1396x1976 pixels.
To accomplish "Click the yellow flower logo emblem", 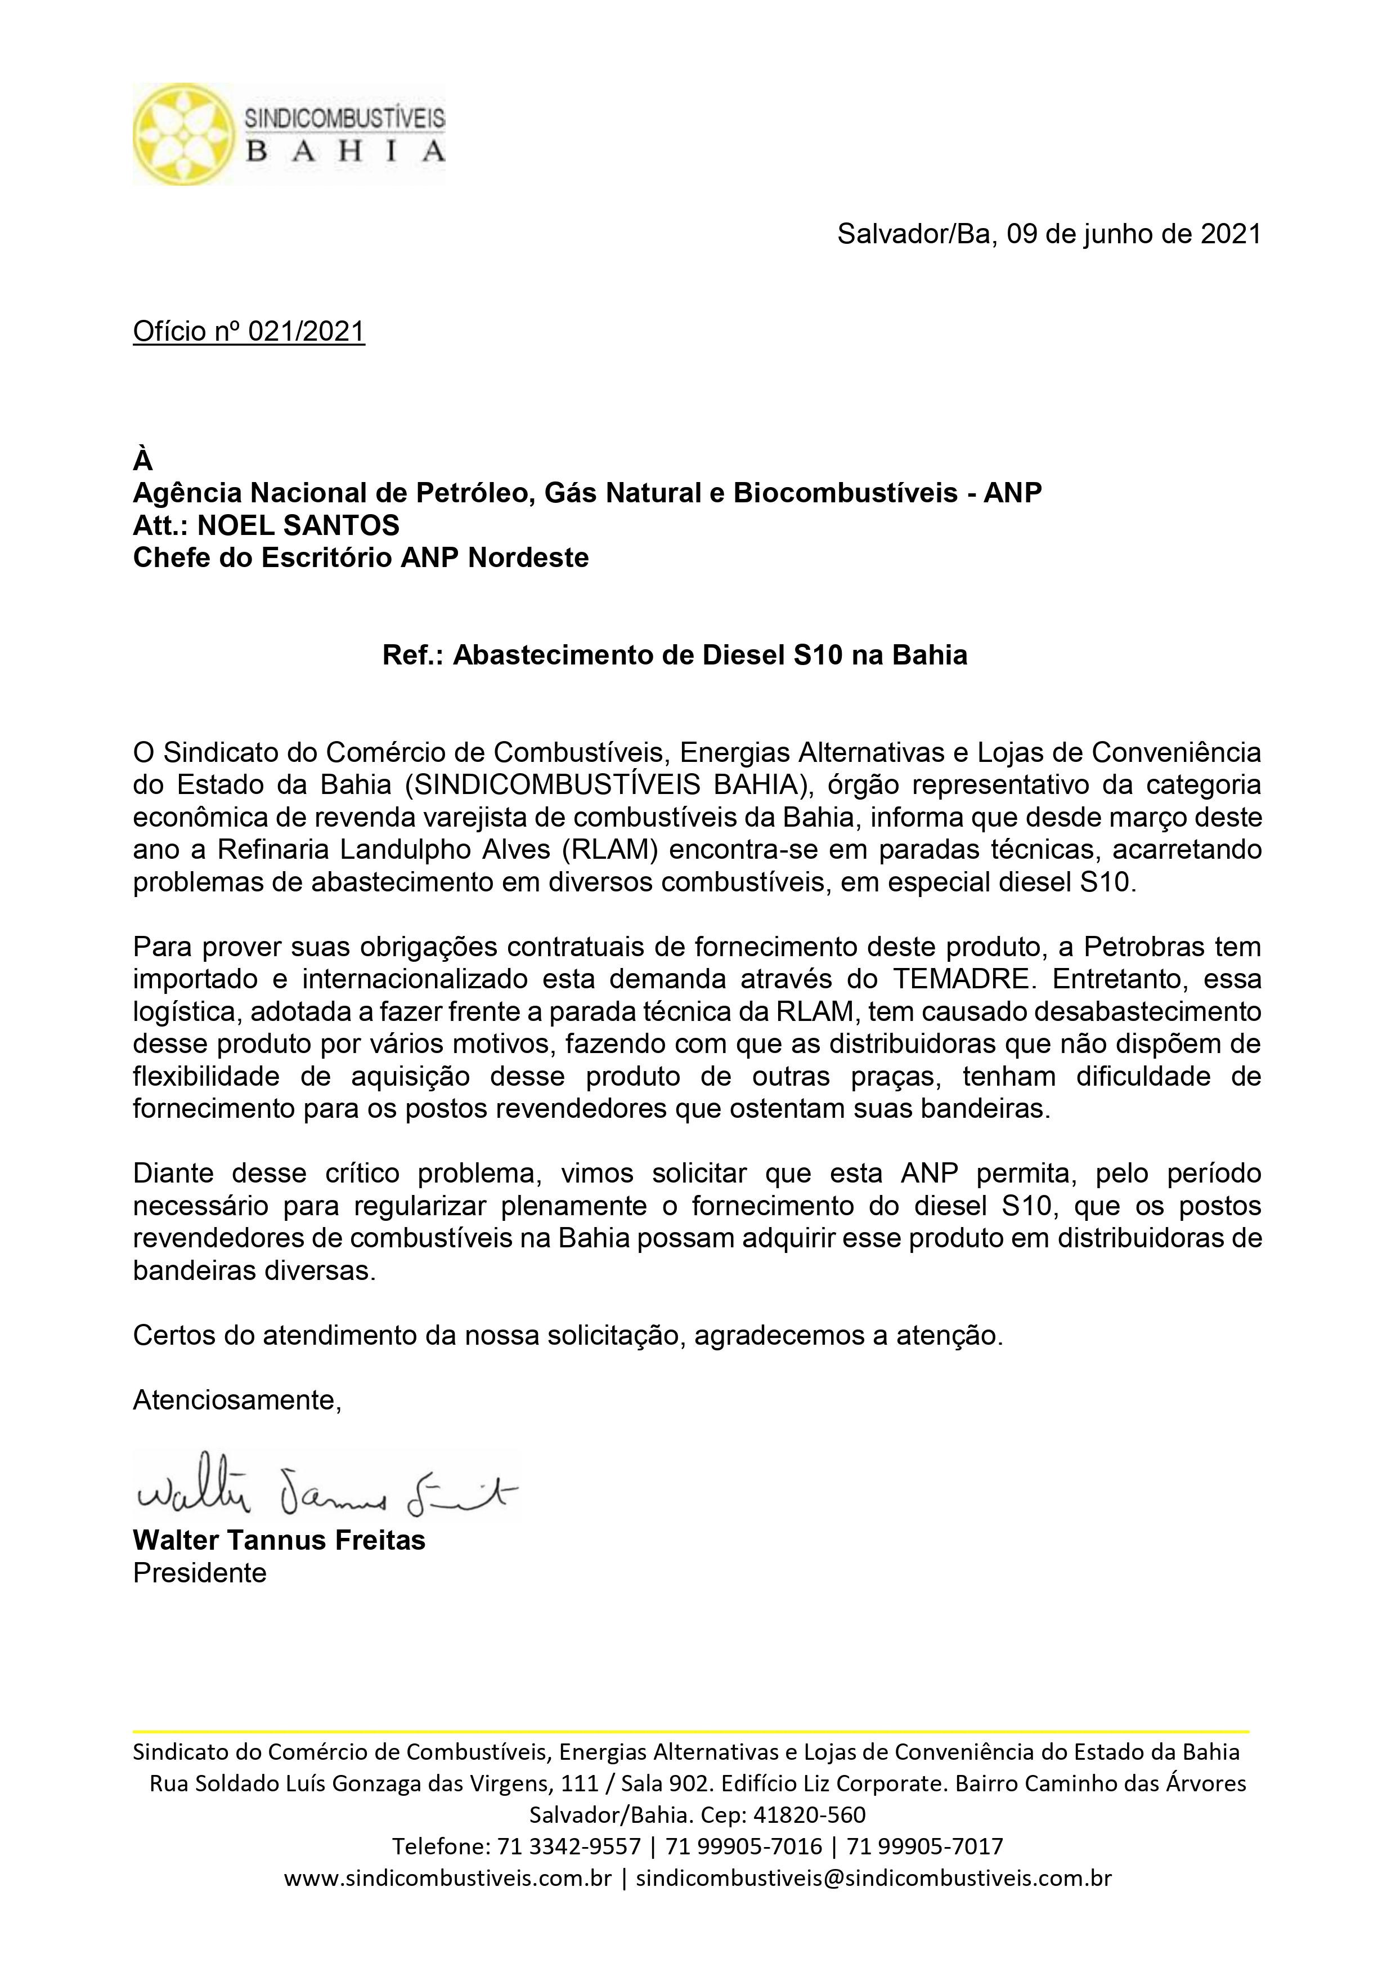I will [183, 134].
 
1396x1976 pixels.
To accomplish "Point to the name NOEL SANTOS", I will [298, 525].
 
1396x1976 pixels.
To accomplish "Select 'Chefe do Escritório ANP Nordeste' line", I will [361, 557].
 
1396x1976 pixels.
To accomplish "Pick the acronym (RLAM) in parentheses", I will [611, 849].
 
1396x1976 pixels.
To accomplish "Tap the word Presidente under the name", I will [200, 1573].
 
